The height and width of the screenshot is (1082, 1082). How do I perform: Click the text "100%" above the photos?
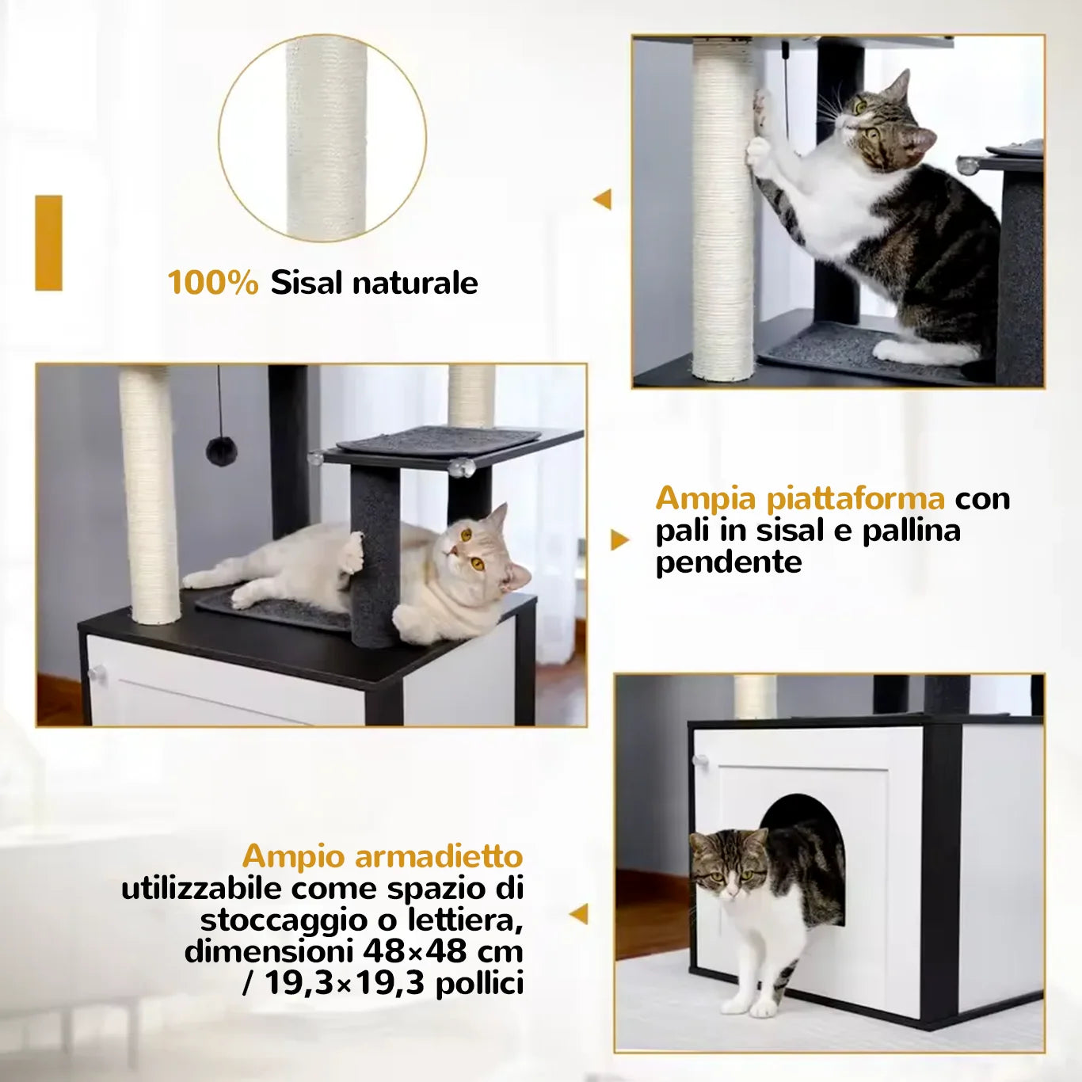pyautogui.click(x=213, y=283)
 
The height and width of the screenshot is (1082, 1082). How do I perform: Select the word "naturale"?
pyautogui.click(x=415, y=283)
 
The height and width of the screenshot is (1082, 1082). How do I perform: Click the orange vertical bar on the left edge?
pyautogui.click(x=49, y=243)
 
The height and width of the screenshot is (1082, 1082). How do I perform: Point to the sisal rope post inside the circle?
pyautogui.click(x=326, y=139)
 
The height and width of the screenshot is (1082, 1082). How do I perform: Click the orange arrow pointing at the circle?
pyautogui.click(x=603, y=200)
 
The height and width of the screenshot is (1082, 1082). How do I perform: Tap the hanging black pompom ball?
pyautogui.click(x=221, y=451)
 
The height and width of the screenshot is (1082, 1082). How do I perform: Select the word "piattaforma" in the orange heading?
pyautogui.click(x=855, y=499)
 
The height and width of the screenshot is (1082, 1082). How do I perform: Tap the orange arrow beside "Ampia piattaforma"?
pyautogui.click(x=620, y=540)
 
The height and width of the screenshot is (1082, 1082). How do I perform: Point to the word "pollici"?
pyautogui.click(x=479, y=983)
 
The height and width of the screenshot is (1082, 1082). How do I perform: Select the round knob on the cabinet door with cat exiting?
pyautogui.click(x=700, y=761)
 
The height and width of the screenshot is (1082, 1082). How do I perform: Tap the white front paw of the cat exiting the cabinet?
pyautogui.click(x=733, y=1002)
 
